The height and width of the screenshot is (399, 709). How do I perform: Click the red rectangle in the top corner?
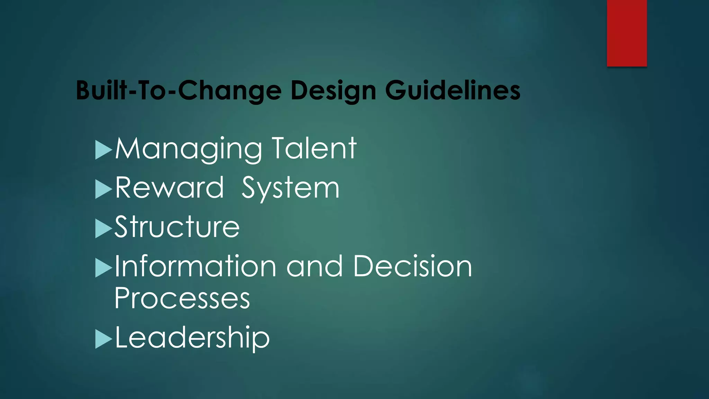[627, 33]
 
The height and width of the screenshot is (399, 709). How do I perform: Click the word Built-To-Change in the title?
[179, 90]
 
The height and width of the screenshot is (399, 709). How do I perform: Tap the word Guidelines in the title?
[452, 90]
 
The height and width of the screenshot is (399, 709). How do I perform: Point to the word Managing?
[189, 149]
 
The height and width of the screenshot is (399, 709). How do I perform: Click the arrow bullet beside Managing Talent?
[103, 150]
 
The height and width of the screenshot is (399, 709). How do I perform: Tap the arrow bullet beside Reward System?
[103, 189]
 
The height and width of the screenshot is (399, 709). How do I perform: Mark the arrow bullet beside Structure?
[103, 229]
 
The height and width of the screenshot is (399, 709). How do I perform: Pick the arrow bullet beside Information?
[103, 268]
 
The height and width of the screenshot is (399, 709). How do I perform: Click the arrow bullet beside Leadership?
[103, 339]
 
